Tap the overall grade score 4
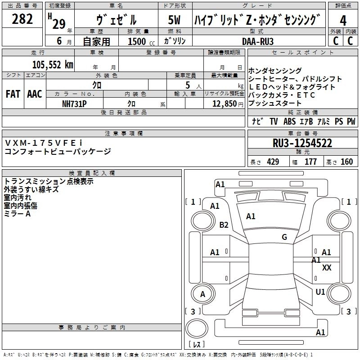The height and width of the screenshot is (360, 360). [343, 21]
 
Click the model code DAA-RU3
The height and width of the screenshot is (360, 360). [257, 41]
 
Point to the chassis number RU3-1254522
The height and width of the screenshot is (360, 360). [302, 144]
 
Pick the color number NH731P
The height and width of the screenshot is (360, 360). [74, 103]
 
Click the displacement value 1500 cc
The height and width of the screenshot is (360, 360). [139, 41]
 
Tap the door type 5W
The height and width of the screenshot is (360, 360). [175, 21]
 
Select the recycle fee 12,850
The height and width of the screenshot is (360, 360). [224, 103]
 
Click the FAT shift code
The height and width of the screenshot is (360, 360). [13, 94]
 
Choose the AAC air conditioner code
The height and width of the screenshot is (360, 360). [35, 94]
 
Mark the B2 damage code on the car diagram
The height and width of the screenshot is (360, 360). [224, 225]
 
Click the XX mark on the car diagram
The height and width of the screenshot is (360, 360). [327, 267]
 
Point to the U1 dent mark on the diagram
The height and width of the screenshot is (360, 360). [320, 292]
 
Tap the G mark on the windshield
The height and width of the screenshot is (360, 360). [284, 237]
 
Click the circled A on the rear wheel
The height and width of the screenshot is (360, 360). [202, 294]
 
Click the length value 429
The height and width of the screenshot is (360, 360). [273, 162]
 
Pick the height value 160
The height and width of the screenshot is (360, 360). [346, 162]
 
